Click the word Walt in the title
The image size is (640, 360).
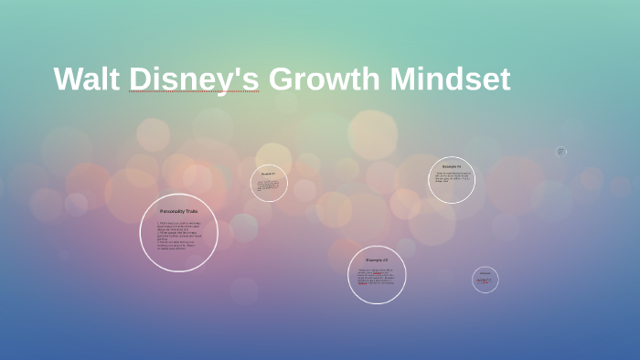87,79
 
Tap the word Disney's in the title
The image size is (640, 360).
194,79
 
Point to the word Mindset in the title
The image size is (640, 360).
450,79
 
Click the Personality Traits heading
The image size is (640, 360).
178,211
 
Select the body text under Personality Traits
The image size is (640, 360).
178,235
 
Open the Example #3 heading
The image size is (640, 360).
377,260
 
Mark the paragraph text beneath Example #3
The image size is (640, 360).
377,277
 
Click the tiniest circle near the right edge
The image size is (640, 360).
561,152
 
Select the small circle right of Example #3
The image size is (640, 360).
485,280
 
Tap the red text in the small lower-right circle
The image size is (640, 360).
485,281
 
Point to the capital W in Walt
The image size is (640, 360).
69,79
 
